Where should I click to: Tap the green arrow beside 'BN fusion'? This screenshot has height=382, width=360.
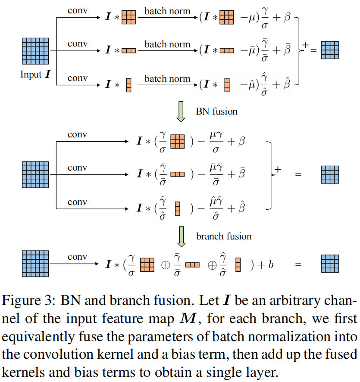181,112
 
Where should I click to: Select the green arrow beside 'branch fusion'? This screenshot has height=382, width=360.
181,236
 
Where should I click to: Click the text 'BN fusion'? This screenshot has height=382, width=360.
216,112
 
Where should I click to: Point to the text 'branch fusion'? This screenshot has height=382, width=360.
224,236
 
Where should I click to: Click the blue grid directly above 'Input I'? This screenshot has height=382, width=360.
35,51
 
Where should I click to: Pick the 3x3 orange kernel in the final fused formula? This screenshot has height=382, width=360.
147,264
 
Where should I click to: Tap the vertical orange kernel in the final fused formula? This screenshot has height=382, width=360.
238,264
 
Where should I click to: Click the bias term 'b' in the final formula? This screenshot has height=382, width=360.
271,264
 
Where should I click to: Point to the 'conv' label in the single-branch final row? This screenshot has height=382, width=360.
77,257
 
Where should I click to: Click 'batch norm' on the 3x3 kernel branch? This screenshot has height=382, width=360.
167,11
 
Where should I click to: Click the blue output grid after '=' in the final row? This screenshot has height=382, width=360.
330,264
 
